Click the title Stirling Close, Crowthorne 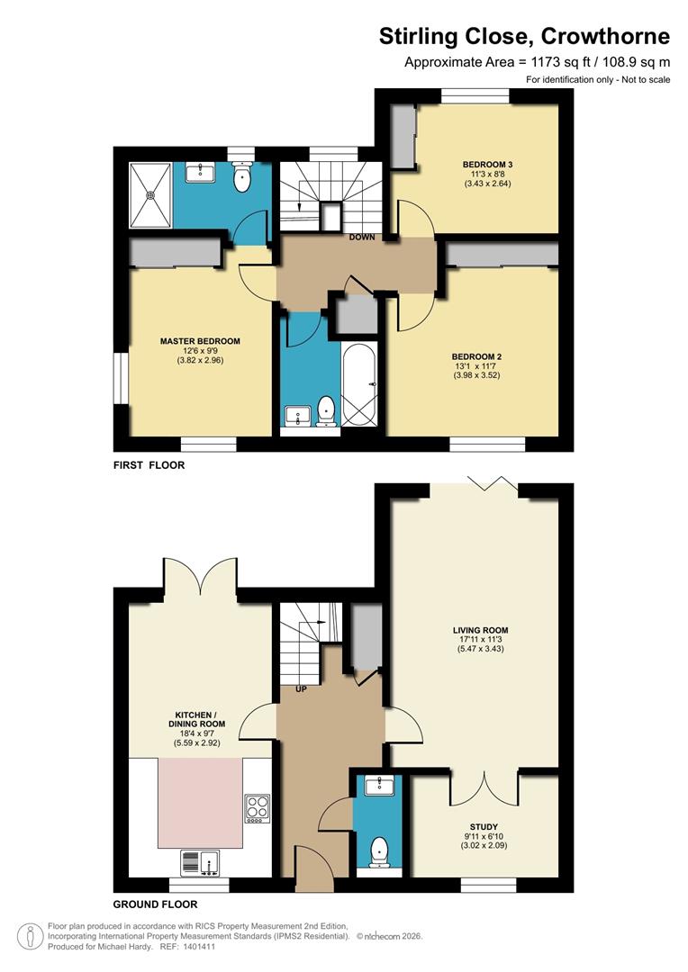click(524, 36)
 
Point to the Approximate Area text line click(537, 62)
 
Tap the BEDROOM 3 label click(487, 164)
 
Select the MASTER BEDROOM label click(200, 341)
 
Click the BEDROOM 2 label click(476, 356)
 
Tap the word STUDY click(483, 826)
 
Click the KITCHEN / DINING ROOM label click(195, 717)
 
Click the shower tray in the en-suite click(150, 191)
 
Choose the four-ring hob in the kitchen click(256, 806)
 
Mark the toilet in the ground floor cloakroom click(380, 850)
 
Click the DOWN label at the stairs click(363, 238)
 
